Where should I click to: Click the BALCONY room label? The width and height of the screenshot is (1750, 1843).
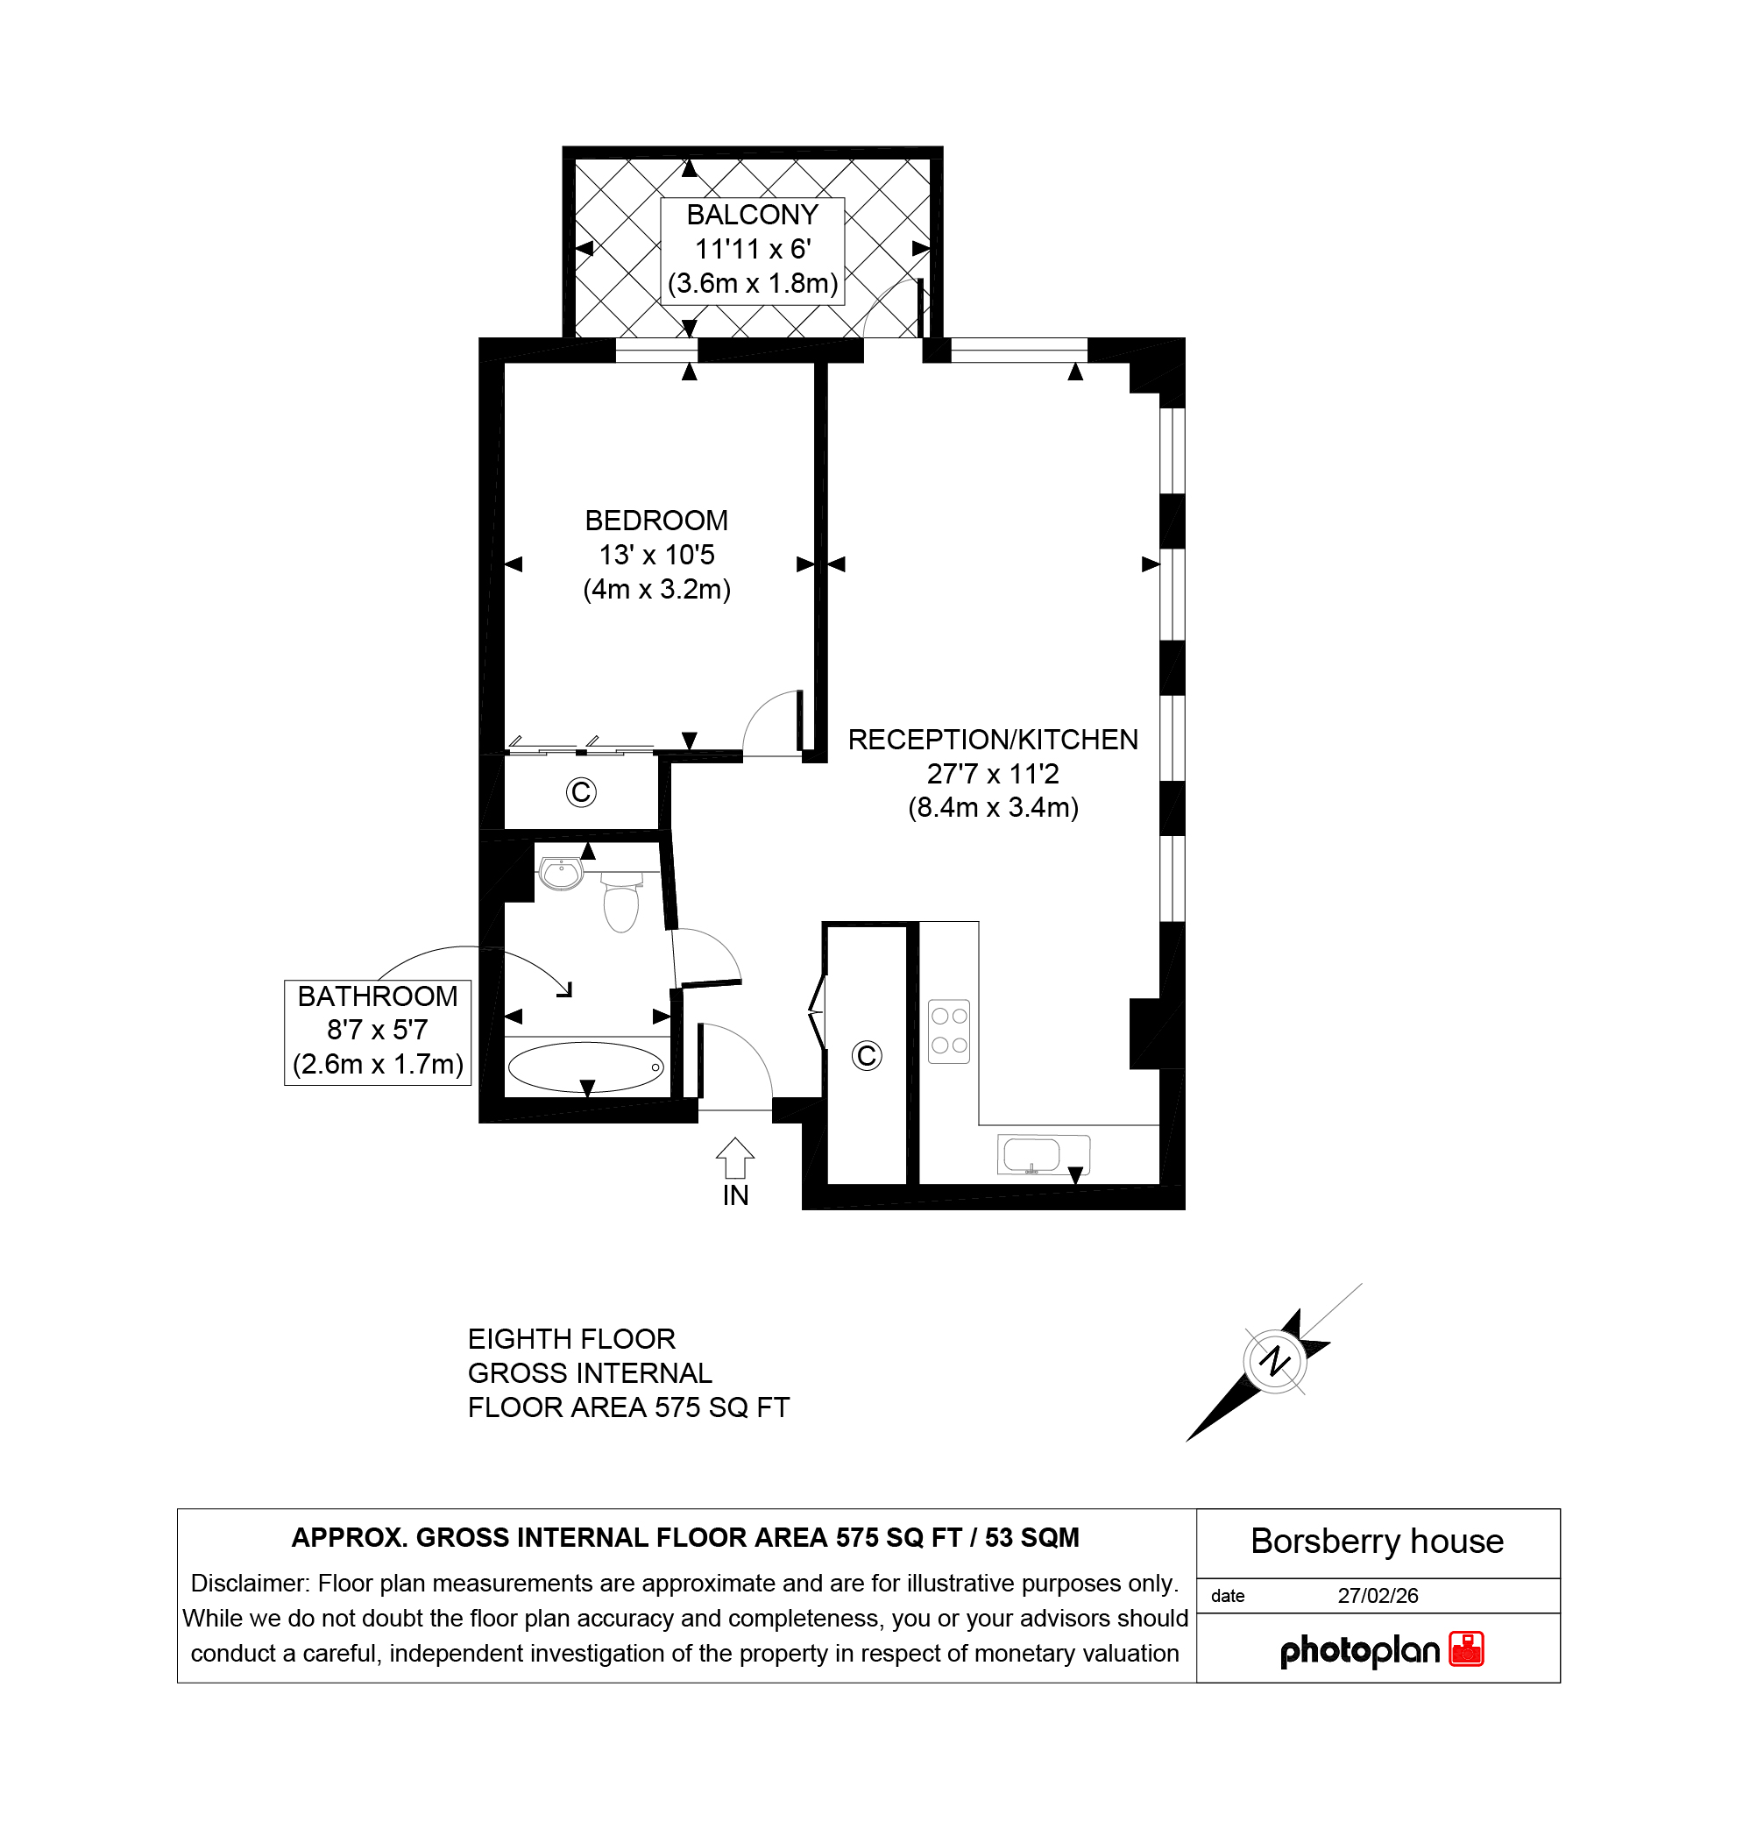click(x=752, y=216)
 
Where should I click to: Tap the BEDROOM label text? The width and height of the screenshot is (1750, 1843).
click(x=656, y=521)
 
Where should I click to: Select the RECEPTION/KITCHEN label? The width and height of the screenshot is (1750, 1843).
click(x=993, y=740)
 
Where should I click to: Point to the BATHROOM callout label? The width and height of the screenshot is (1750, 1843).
click(x=378, y=996)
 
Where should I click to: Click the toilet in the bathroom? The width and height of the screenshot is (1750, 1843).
click(x=620, y=901)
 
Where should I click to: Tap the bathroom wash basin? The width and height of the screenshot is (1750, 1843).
click(x=562, y=874)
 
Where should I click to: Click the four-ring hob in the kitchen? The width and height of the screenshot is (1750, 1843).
click(x=950, y=1031)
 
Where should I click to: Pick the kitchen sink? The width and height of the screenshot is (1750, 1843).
click(x=1044, y=1155)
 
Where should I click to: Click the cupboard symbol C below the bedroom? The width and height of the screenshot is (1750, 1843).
click(x=581, y=793)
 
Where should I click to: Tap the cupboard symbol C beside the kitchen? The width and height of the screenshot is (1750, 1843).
click(x=867, y=1056)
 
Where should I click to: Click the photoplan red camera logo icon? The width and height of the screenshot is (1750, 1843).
click(x=1466, y=1649)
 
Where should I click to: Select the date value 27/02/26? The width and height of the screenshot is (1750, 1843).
click(x=1378, y=1596)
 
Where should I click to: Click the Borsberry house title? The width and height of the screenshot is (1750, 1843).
click(x=1377, y=1541)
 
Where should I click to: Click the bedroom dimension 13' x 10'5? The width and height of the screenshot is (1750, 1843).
click(x=656, y=555)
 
